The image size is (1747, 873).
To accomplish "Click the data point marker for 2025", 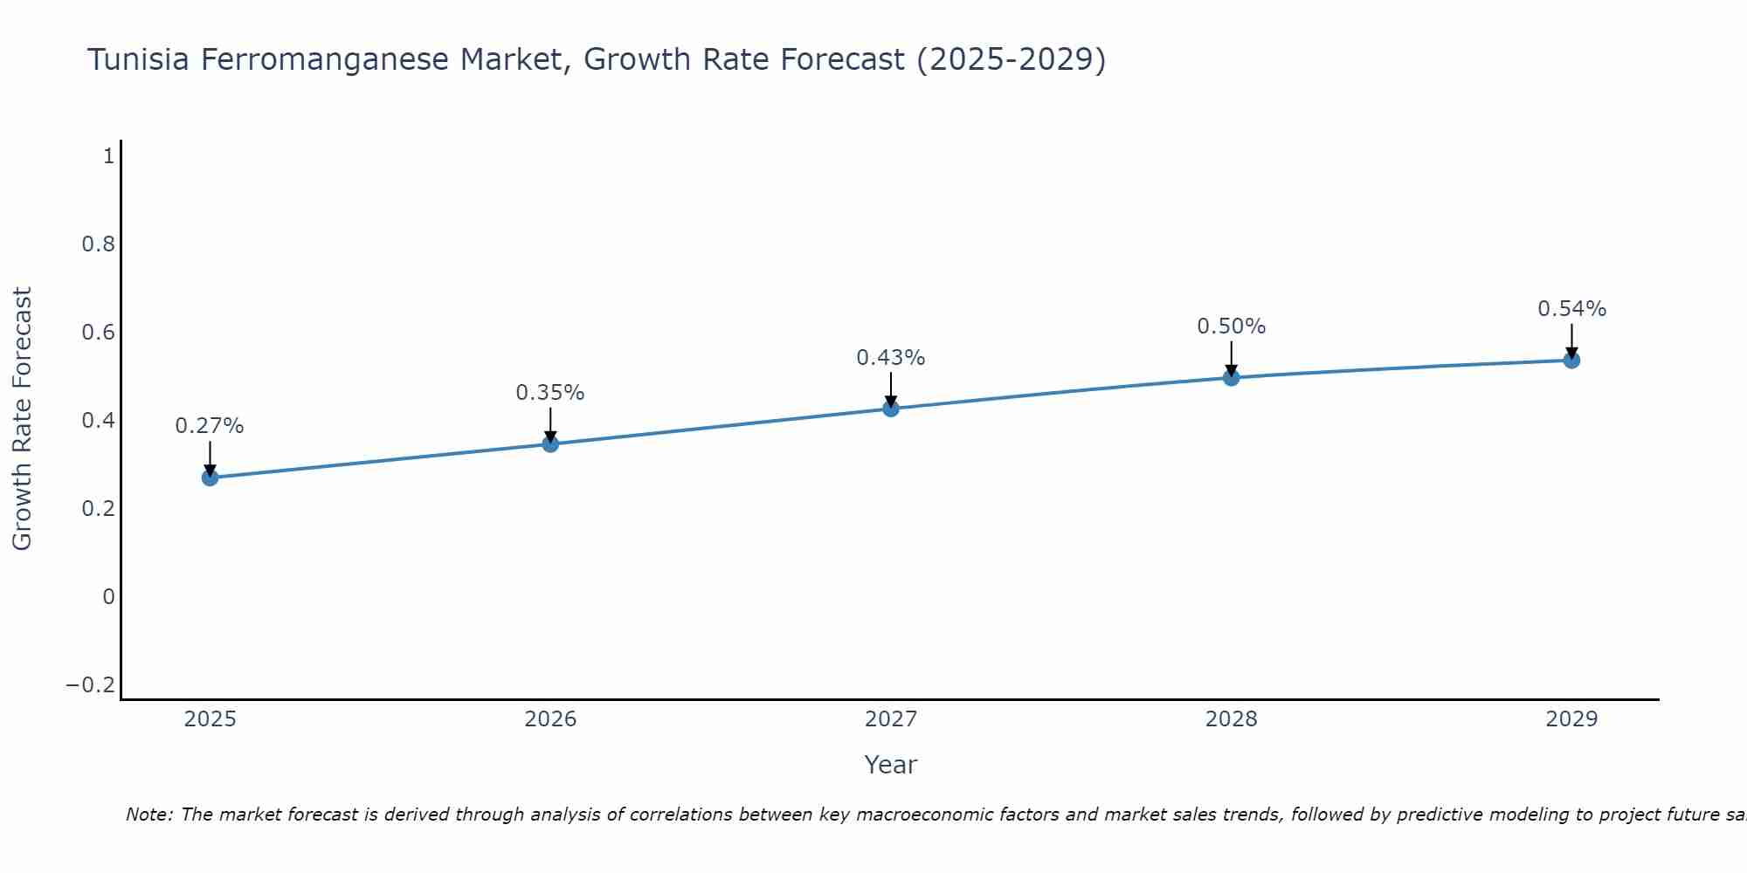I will [210, 478].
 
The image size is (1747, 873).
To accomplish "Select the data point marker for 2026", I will [550, 444].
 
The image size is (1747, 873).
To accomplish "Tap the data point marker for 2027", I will [891, 409].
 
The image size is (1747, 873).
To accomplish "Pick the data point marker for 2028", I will [1232, 378].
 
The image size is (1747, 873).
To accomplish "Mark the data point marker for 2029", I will [1571, 361].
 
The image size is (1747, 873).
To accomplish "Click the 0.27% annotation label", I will [210, 426].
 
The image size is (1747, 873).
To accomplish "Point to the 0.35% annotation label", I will [550, 393].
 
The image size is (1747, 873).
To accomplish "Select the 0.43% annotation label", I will [891, 358].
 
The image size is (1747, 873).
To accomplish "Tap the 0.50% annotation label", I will [1232, 327].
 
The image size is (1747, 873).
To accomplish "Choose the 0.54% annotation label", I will [1571, 309].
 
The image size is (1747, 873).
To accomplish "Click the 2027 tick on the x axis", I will [891, 719].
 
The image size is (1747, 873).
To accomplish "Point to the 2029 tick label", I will [1571, 719].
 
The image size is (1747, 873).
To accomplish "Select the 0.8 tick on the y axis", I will [99, 244].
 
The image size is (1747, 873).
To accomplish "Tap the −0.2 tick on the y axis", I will [91, 685].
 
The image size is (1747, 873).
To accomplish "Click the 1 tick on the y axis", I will [109, 157].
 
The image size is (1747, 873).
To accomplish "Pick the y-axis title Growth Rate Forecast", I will [22, 419].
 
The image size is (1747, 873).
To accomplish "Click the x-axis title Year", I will [891, 765].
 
